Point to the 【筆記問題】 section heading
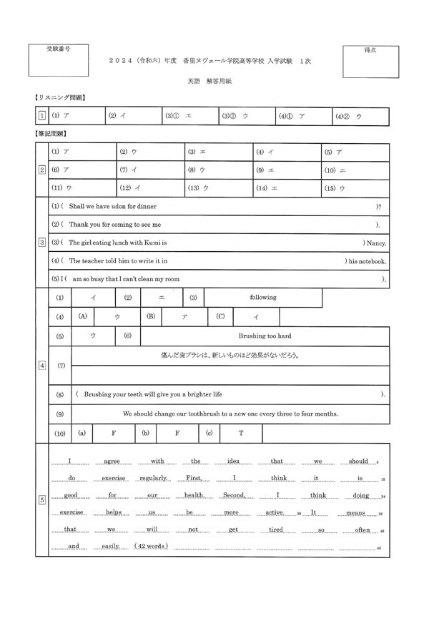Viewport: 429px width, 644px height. (54, 133)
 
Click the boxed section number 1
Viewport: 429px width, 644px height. (41, 116)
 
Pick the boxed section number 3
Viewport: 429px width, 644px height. (41, 243)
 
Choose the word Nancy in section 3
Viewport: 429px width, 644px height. (375, 243)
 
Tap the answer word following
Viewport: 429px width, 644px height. (262, 297)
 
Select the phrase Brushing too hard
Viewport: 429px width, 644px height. (265, 336)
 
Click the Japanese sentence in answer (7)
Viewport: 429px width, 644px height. (230, 355)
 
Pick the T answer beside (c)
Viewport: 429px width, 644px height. (241, 433)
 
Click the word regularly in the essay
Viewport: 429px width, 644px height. (154, 478)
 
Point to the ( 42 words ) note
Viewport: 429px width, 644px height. (151, 546)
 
